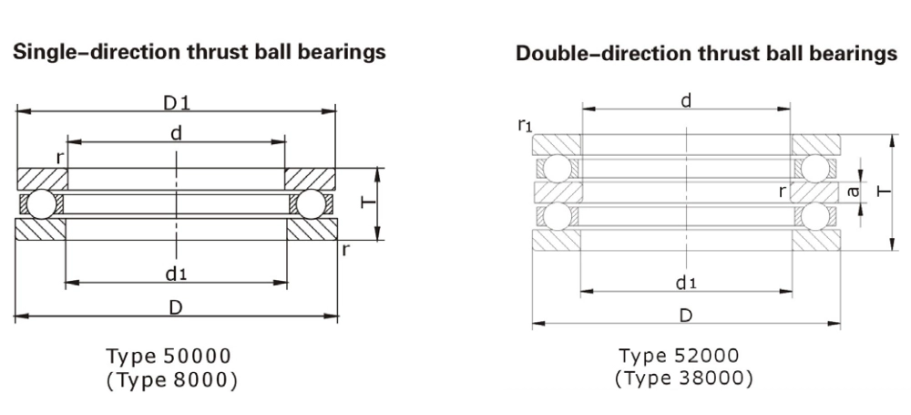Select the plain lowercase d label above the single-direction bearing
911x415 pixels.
point(177,134)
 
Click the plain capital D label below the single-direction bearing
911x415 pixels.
point(176,307)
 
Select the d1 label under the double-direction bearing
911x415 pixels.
point(686,283)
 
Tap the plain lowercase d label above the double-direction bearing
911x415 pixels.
point(686,101)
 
